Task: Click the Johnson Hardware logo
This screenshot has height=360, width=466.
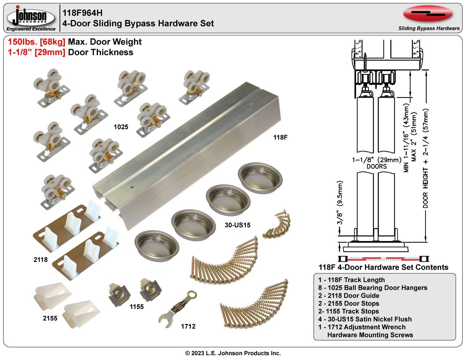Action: pos(31,16)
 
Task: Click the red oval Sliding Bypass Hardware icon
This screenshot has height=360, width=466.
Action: pos(428,14)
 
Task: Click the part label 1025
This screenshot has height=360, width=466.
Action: pos(121,127)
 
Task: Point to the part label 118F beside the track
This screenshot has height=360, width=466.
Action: pos(281,137)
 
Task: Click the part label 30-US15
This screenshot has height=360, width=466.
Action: pos(237,225)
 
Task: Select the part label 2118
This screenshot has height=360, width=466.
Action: pos(40,260)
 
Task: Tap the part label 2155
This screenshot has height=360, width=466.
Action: pos(50,318)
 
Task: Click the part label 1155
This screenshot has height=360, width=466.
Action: pos(137,307)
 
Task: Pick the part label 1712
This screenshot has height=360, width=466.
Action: pos(188,326)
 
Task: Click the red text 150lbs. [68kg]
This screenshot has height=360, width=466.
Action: pos(36,42)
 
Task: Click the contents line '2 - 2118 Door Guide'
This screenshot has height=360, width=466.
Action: pos(348,296)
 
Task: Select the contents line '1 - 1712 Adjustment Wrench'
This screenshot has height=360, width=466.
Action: pos(362,327)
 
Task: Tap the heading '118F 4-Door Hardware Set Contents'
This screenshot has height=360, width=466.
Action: pos(383,267)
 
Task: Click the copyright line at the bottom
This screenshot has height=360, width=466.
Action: pos(233,353)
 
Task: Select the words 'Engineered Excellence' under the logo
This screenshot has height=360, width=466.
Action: pos(31,29)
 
